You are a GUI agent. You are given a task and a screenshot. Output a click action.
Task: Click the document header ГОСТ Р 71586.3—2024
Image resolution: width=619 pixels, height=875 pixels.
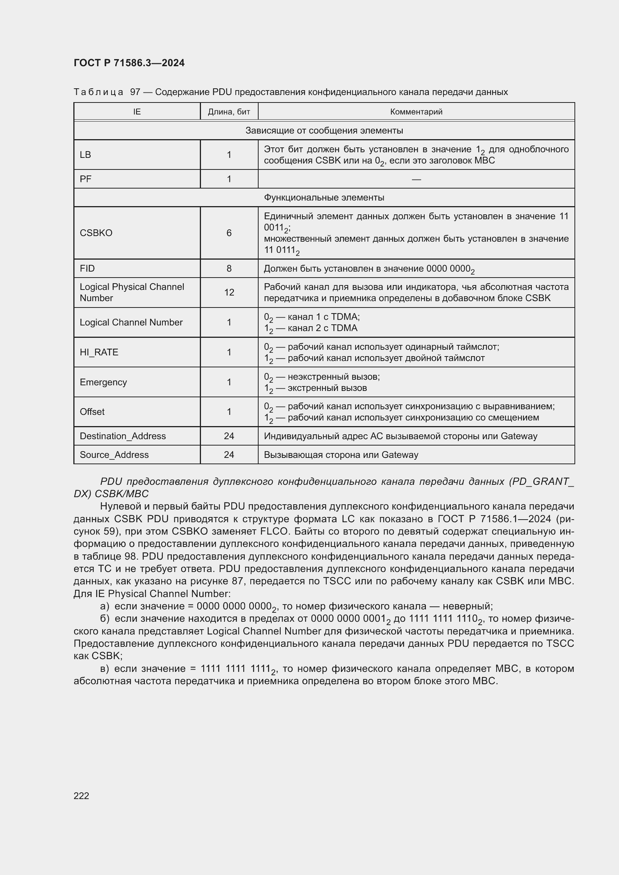coord(129,63)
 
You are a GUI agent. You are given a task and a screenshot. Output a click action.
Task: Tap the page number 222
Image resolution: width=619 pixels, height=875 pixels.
coord(81,796)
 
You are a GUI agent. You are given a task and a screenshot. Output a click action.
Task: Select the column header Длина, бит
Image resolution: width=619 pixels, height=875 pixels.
coord(229,111)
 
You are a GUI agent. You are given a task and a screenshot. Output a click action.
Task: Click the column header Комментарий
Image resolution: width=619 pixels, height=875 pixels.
coord(416,111)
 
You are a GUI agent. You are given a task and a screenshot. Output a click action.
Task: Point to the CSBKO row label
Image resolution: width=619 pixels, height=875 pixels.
coord(96,233)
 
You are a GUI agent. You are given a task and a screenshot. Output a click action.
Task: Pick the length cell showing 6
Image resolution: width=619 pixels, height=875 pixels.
coord(229,233)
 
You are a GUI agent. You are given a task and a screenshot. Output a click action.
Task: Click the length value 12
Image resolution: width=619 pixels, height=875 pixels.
coord(229,292)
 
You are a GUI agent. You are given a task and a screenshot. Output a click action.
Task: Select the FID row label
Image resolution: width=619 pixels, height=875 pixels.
coord(87,268)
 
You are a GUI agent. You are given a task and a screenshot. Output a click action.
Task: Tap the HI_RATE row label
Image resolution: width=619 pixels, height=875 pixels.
coord(99,352)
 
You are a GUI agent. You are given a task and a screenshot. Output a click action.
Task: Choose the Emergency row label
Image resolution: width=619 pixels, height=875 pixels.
coord(103,382)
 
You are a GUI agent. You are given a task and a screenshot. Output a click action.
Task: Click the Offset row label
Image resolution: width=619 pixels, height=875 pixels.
coord(92,412)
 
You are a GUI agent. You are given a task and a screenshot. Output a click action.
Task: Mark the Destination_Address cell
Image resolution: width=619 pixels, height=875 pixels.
coord(123,436)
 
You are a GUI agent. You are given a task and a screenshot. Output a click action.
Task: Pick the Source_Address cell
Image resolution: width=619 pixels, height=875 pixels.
coord(114,455)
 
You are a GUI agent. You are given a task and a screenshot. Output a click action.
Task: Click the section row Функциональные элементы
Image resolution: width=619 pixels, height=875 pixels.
coord(324,198)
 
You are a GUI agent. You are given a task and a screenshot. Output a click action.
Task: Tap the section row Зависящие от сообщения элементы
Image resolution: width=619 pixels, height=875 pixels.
coord(324,130)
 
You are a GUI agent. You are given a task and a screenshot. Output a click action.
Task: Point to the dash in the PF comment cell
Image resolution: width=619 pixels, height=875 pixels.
coord(416,179)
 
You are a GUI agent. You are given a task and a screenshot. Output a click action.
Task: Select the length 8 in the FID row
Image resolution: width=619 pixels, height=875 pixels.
coord(229,268)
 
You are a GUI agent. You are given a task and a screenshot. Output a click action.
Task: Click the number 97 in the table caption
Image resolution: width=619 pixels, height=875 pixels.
coord(135,92)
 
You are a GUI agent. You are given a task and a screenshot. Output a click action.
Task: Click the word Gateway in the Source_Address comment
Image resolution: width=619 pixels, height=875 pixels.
coord(400,455)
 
